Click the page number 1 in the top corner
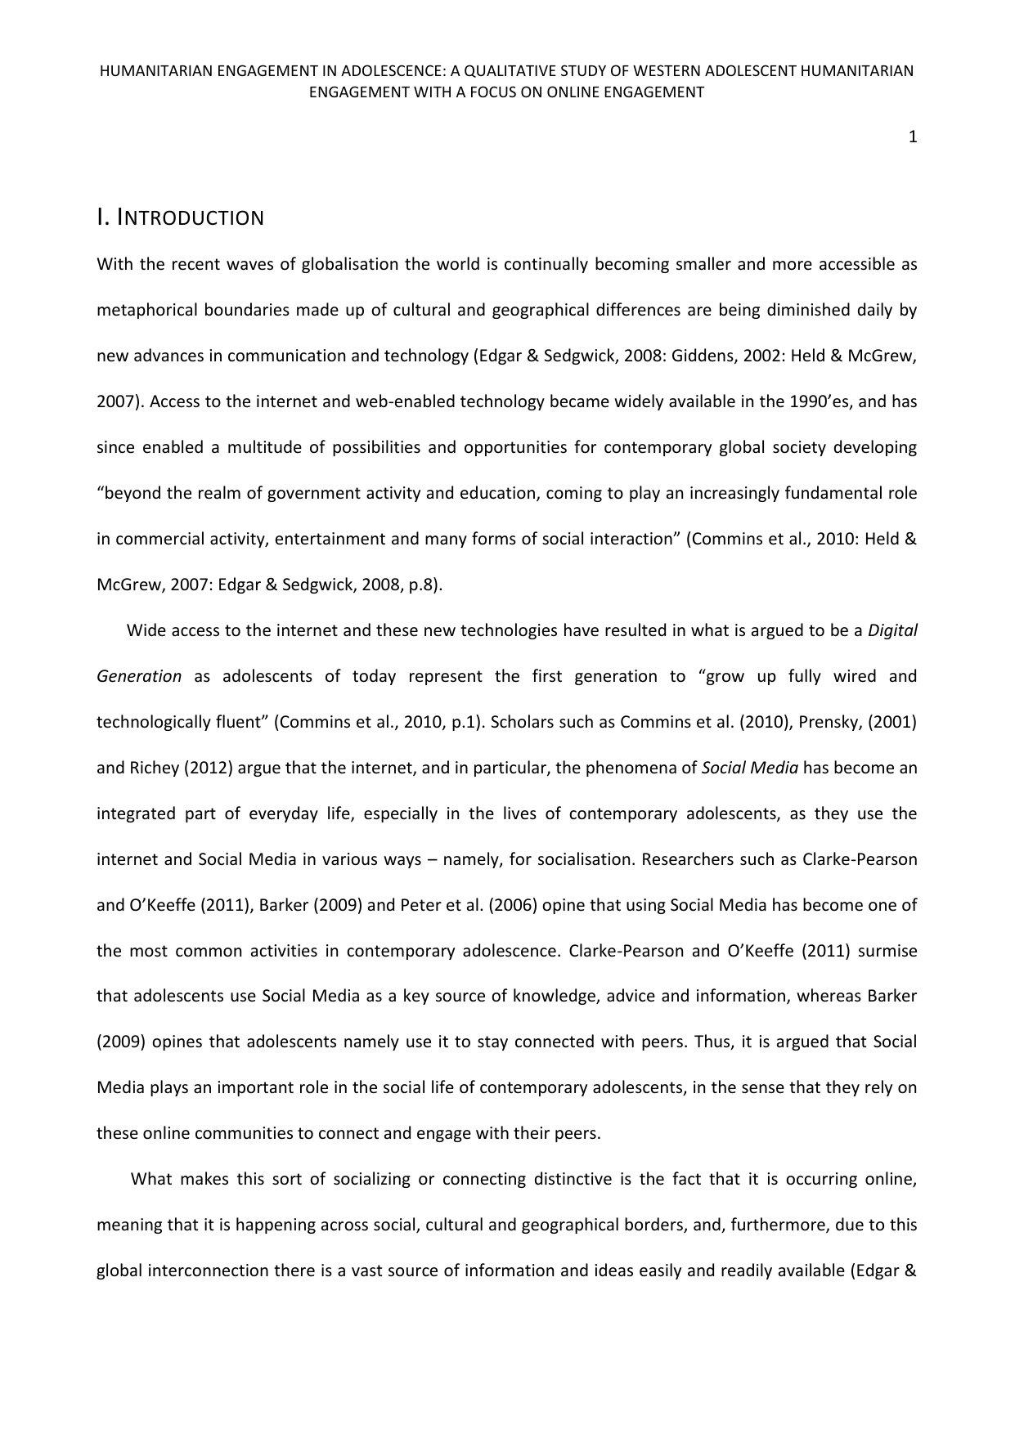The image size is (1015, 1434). click(913, 137)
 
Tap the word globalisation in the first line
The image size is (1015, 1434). click(353, 265)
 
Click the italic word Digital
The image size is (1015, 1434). click(892, 631)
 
